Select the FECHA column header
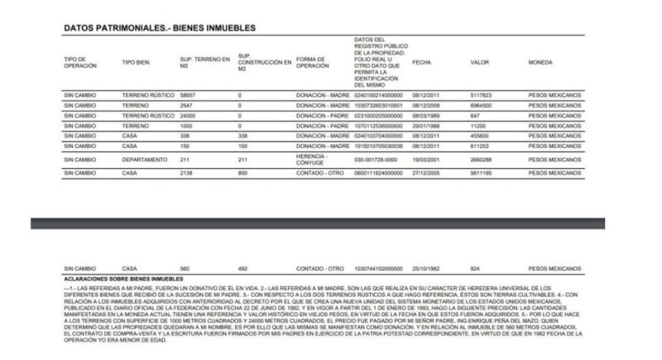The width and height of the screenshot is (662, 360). [x=423, y=63]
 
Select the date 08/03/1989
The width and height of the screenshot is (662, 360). [x=428, y=116]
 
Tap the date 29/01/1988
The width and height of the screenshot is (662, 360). [x=428, y=126]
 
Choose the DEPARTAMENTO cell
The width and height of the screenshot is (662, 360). [x=146, y=159]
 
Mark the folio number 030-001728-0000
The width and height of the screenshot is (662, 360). [x=377, y=159]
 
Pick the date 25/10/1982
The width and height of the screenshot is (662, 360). [x=428, y=270]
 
